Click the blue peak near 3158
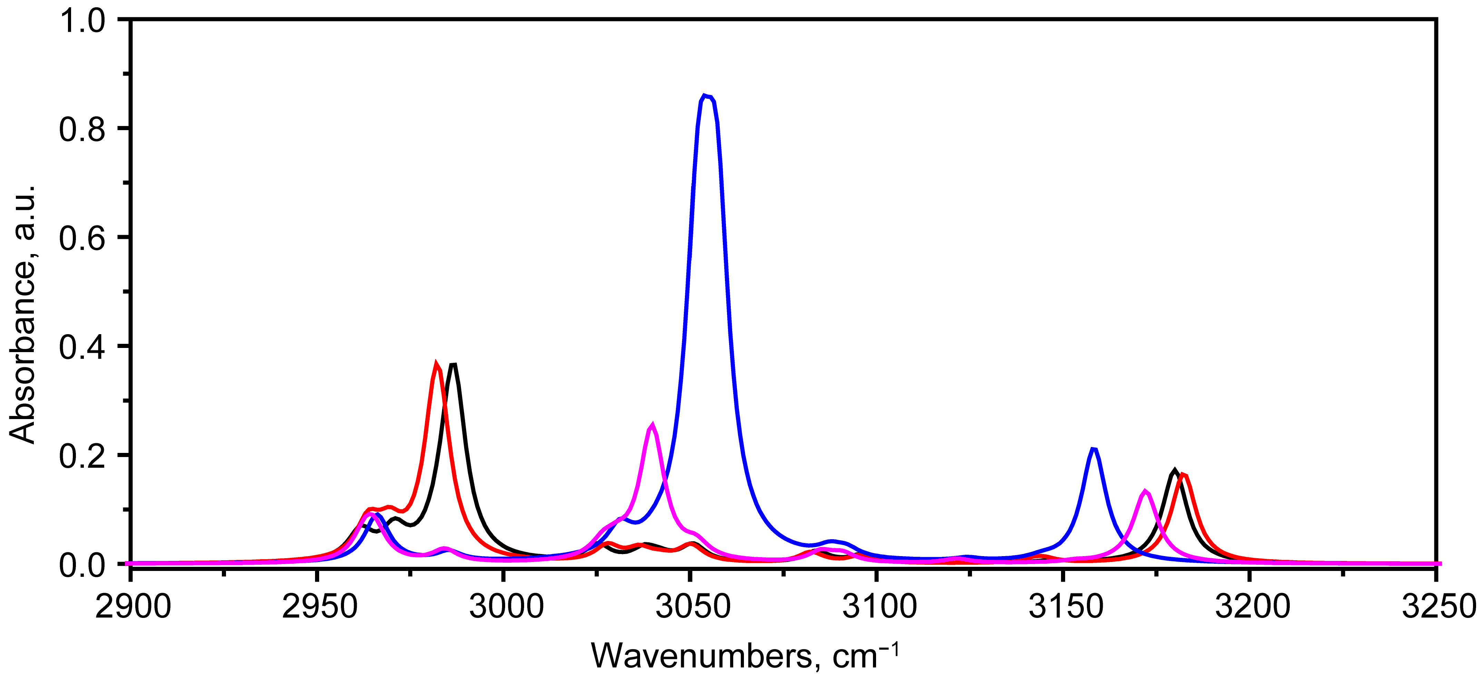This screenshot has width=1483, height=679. point(1093,449)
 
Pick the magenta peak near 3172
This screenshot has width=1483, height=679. point(1145,491)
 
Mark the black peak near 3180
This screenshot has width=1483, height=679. point(1175,471)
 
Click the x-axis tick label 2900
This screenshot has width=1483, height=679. point(132,607)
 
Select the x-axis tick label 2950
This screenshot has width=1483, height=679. point(319,607)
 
